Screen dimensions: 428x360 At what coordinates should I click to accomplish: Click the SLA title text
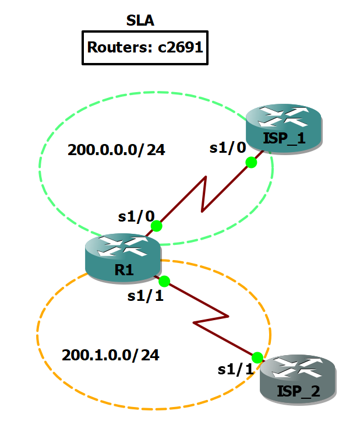point(140,22)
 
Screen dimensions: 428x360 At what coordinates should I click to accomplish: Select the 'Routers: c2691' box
point(144,47)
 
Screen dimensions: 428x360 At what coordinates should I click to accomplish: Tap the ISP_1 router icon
point(283,128)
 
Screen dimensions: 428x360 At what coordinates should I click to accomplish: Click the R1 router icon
point(122,257)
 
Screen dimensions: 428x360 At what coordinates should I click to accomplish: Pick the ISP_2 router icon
point(298,380)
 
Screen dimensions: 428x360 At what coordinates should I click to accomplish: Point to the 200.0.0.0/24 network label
point(117,150)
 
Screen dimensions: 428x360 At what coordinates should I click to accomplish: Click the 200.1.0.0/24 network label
point(110,354)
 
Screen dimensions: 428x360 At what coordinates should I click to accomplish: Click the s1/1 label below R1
point(145,296)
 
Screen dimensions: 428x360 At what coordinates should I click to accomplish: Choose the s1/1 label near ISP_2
point(235,369)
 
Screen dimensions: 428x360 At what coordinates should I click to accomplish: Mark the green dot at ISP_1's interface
point(251,163)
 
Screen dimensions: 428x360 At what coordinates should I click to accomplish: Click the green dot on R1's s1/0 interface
point(156,226)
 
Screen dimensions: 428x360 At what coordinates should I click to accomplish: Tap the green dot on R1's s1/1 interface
point(164,281)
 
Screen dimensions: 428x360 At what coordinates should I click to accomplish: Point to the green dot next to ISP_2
point(257,357)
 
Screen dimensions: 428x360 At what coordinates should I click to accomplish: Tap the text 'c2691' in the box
point(181,47)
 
